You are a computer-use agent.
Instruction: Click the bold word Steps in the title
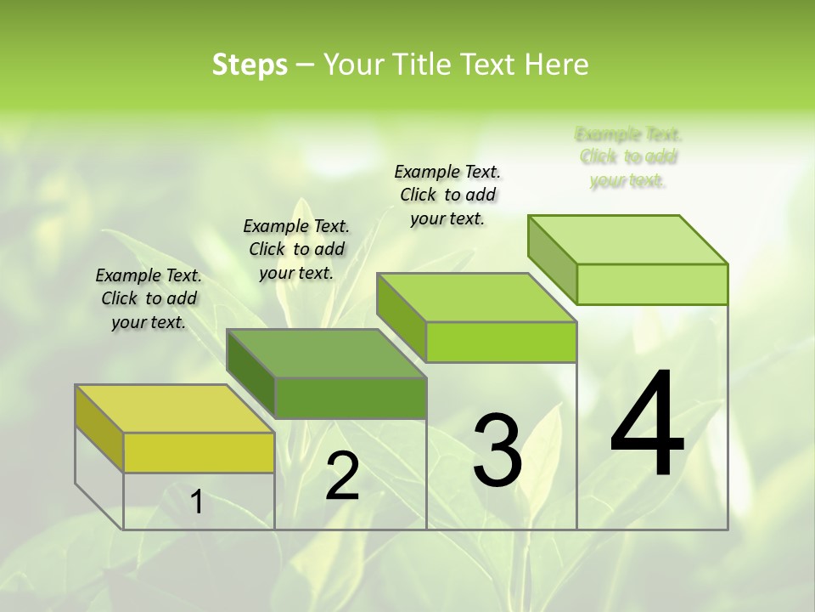pos(250,65)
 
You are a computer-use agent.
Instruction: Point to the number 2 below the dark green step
pos(342,476)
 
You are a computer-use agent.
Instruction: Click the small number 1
pos(197,502)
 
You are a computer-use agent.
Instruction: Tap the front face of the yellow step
pos(199,452)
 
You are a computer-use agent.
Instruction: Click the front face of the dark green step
pos(351,398)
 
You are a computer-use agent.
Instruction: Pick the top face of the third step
pos(476,297)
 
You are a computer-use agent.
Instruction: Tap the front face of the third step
pos(501,342)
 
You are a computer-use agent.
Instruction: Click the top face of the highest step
pos(627,240)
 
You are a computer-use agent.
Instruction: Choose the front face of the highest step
pos(652,284)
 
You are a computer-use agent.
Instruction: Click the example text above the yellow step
pos(149,298)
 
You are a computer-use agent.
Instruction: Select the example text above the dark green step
pos(296,249)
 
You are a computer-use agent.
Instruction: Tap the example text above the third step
pos(447,195)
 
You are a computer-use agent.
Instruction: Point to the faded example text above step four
pos(628,157)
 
